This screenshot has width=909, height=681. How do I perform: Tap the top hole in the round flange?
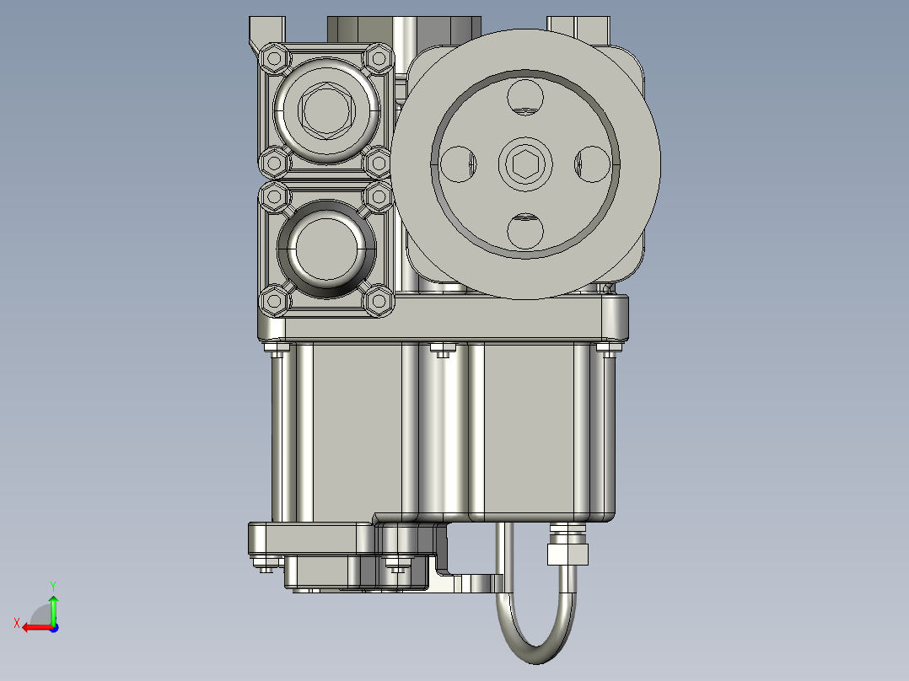(524, 96)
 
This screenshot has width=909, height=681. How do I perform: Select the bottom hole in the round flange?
(524, 231)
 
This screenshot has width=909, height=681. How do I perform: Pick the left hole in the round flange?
(458, 164)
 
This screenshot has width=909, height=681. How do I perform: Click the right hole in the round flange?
(591, 164)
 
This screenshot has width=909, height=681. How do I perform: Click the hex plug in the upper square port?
(325, 110)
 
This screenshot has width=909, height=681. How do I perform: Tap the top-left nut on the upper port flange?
(274, 59)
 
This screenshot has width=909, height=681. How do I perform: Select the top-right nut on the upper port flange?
(379, 59)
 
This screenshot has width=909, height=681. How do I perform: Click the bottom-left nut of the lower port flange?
(273, 299)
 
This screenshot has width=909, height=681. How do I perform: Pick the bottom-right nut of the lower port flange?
(379, 299)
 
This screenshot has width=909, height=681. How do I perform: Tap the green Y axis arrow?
(53, 603)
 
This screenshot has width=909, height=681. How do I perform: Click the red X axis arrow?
(32, 627)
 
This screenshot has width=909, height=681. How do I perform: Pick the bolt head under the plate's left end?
(276, 348)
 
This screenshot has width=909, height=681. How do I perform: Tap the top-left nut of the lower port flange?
(274, 199)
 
